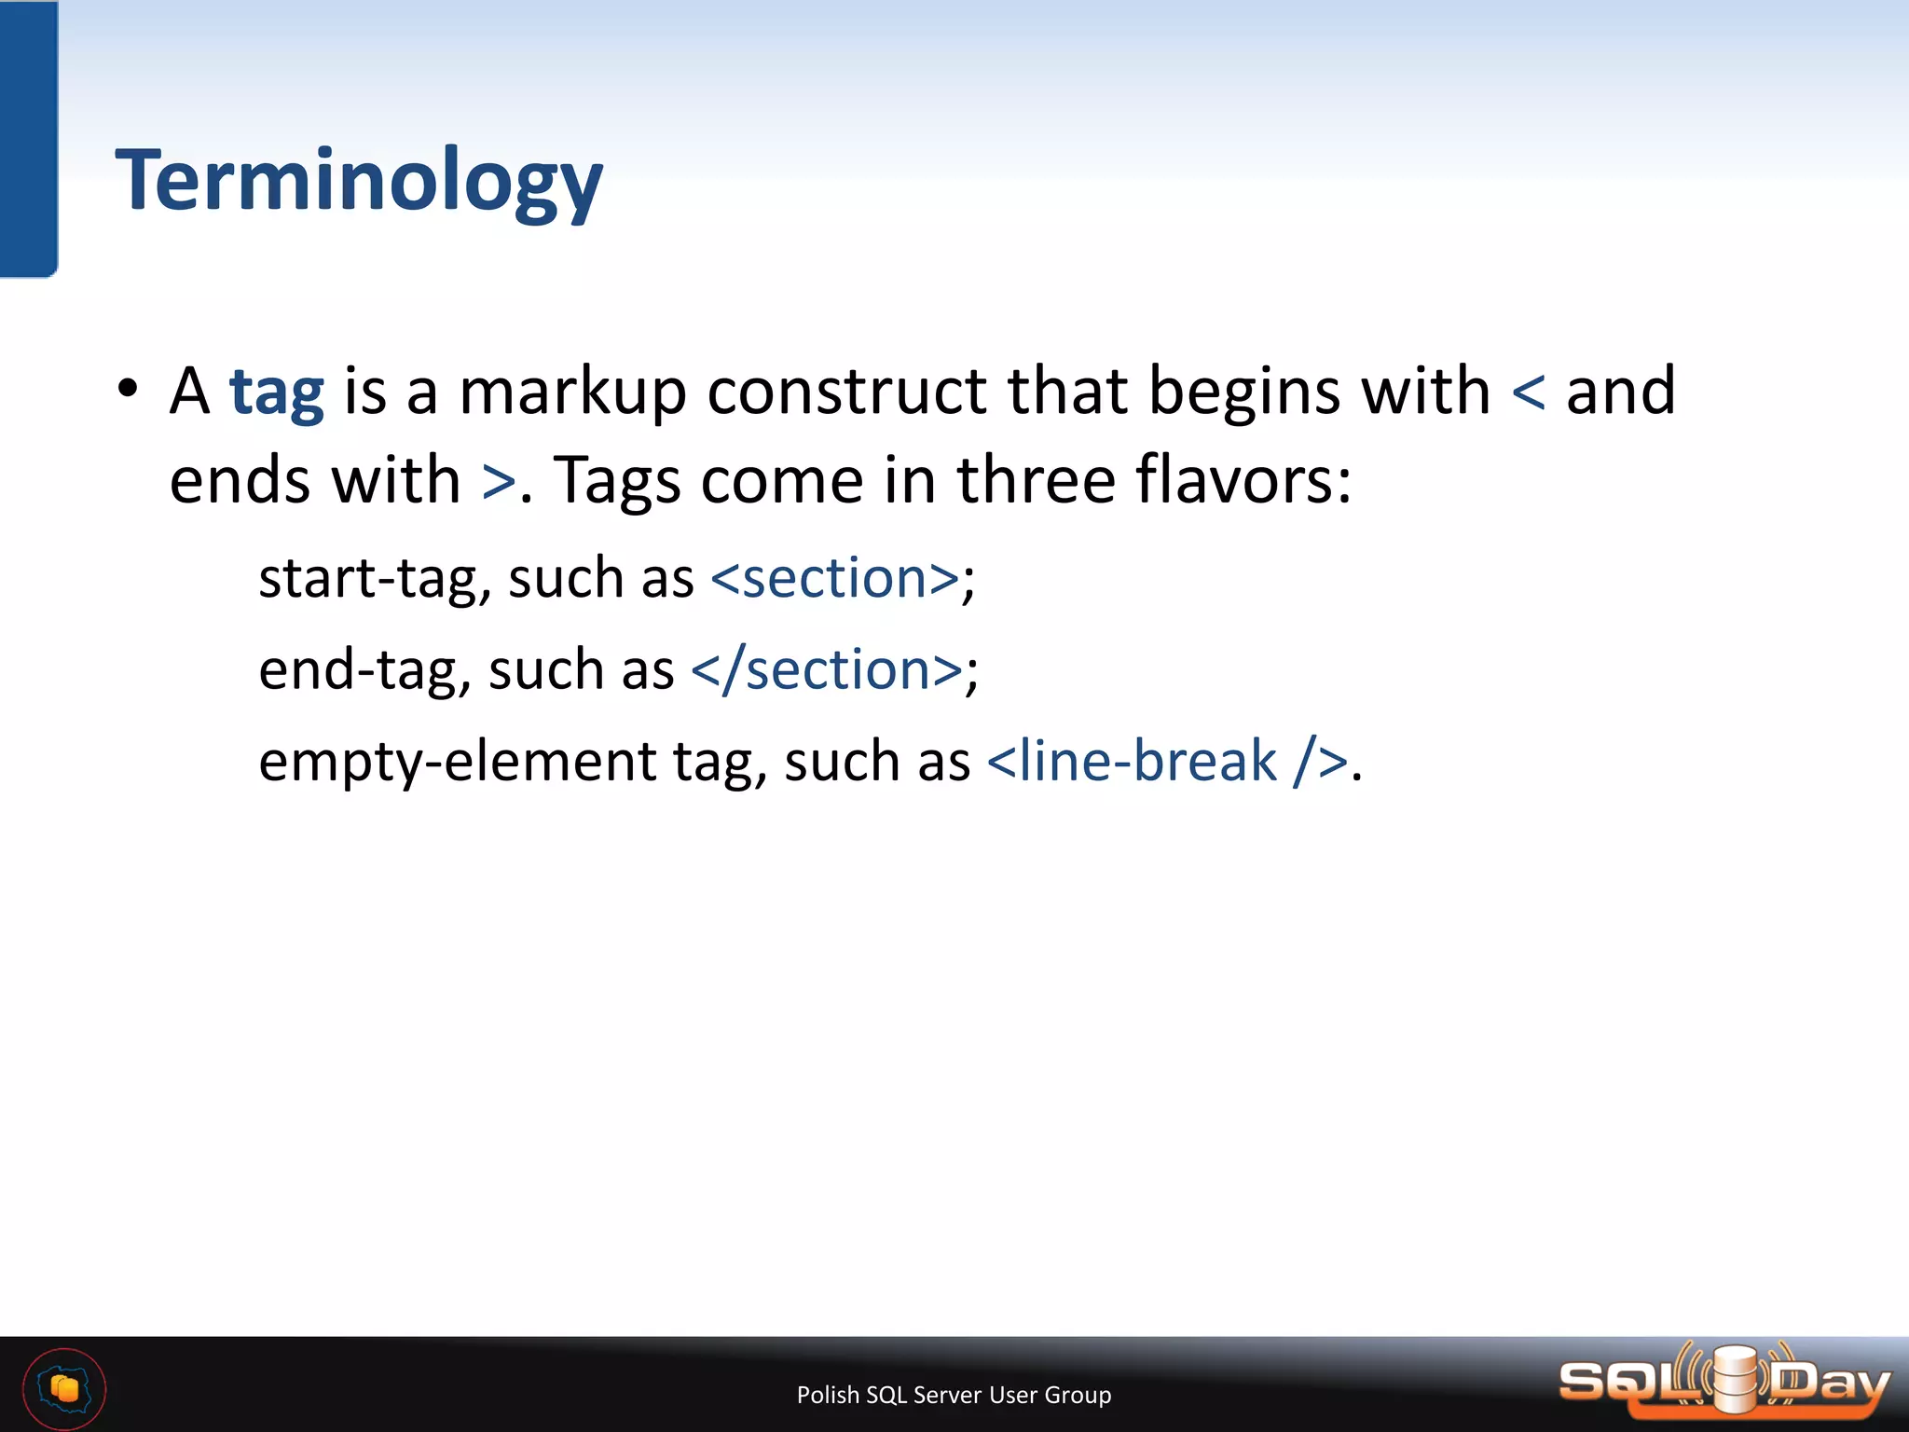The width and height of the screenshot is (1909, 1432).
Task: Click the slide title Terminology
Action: pyautogui.click(x=359, y=182)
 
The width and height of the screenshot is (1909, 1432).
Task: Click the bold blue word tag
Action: pyautogui.click(x=277, y=392)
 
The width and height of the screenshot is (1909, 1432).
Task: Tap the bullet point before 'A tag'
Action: pyautogui.click(x=129, y=389)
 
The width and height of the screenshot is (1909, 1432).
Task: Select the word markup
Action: pyautogui.click(x=572, y=392)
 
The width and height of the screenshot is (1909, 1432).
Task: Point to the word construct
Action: pyautogui.click(x=846, y=391)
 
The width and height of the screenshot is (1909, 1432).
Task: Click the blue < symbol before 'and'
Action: pyautogui.click(x=1529, y=392)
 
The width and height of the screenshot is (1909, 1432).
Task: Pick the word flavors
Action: pyautogui.click(x=1243, y=480)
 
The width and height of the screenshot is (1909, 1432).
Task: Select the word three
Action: pyautogui.click(x=1036, y=480)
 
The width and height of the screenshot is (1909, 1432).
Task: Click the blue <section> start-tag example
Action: pyautogui.click(x=835, y=578)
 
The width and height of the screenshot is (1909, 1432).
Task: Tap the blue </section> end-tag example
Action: pyautogui.click(x=827, y=669)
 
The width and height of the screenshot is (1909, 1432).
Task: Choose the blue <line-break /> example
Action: pyautogui.click(x=1167, y=761)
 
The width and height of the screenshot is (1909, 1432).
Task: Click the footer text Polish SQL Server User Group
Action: pyautogui.click(x=954, y=1395)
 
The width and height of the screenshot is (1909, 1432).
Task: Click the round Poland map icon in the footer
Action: pyautogui.click(x=64, y=1389)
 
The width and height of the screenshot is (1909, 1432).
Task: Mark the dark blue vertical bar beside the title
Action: pyautogui.click(x=28, y=140)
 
